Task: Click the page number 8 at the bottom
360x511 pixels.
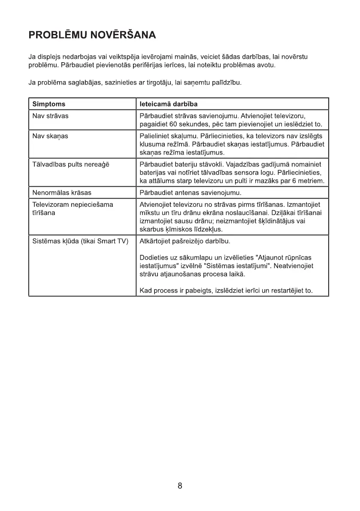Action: (180, 486)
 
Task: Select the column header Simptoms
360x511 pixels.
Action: (49, 104)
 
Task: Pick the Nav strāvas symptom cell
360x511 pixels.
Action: (51, 116)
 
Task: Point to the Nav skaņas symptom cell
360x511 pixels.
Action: (51, 136)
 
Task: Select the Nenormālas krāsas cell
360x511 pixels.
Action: (62, 192)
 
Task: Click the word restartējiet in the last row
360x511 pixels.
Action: (287, 291)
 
